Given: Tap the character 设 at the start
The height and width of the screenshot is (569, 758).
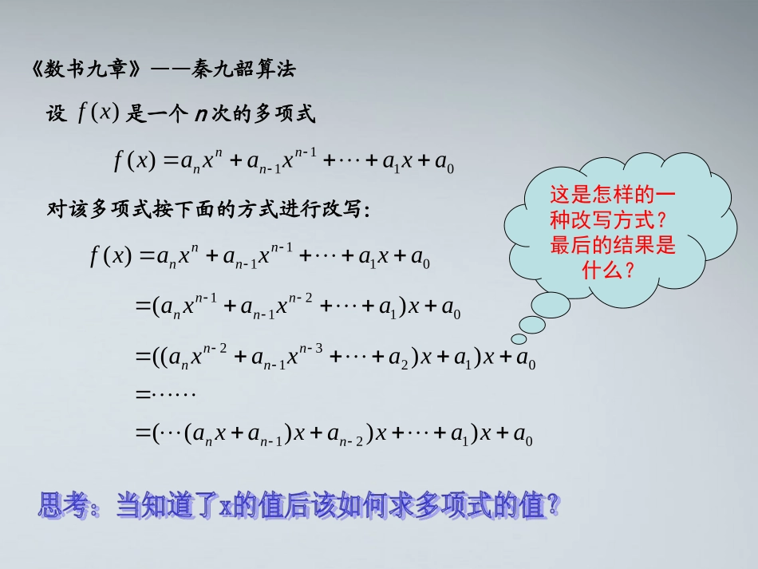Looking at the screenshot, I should click(57, 115).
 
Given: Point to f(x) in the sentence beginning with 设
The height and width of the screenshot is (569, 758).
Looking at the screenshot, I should click(98, 113).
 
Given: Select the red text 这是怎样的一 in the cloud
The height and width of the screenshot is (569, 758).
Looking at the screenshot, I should click(602, 195).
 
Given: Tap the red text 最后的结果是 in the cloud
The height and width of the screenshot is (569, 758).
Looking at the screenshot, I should click(612, 246).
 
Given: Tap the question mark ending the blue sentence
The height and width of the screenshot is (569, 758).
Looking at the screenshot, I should click(551, 505).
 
